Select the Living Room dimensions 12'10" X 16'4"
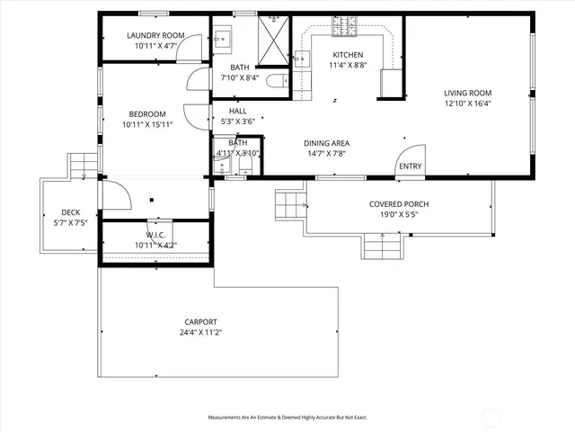[467, 103]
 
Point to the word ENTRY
[410, 166]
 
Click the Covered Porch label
[399, 204]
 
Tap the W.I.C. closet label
[155, 234]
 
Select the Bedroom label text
[146, 113]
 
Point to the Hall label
[237, 111]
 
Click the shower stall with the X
[274, 35]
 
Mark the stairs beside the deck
[83, 164]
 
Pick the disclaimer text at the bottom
[287, 418]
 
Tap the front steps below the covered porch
[383, 243]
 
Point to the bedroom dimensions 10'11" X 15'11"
[146, 124]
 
